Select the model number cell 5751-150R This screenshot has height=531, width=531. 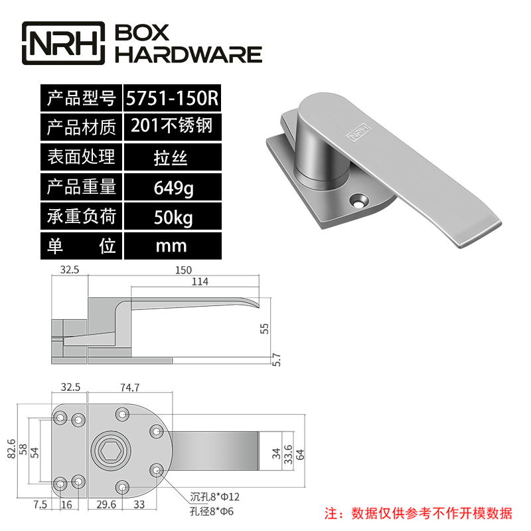(171, 98)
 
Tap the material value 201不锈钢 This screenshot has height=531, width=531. (171, 126)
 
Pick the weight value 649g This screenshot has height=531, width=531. (171, 188)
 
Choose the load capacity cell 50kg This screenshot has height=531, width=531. (171, 217)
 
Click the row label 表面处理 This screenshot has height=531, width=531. (81, 157)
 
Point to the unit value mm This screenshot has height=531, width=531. (171, 246)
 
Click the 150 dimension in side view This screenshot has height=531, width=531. (183, 269)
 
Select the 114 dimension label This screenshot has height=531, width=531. (199, 282)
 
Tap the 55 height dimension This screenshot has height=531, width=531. (265, 328)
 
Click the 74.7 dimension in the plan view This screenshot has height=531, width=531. (130, 388)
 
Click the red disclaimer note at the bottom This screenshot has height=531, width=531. (417, 512)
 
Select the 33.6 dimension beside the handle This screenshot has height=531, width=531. (287, 453)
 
